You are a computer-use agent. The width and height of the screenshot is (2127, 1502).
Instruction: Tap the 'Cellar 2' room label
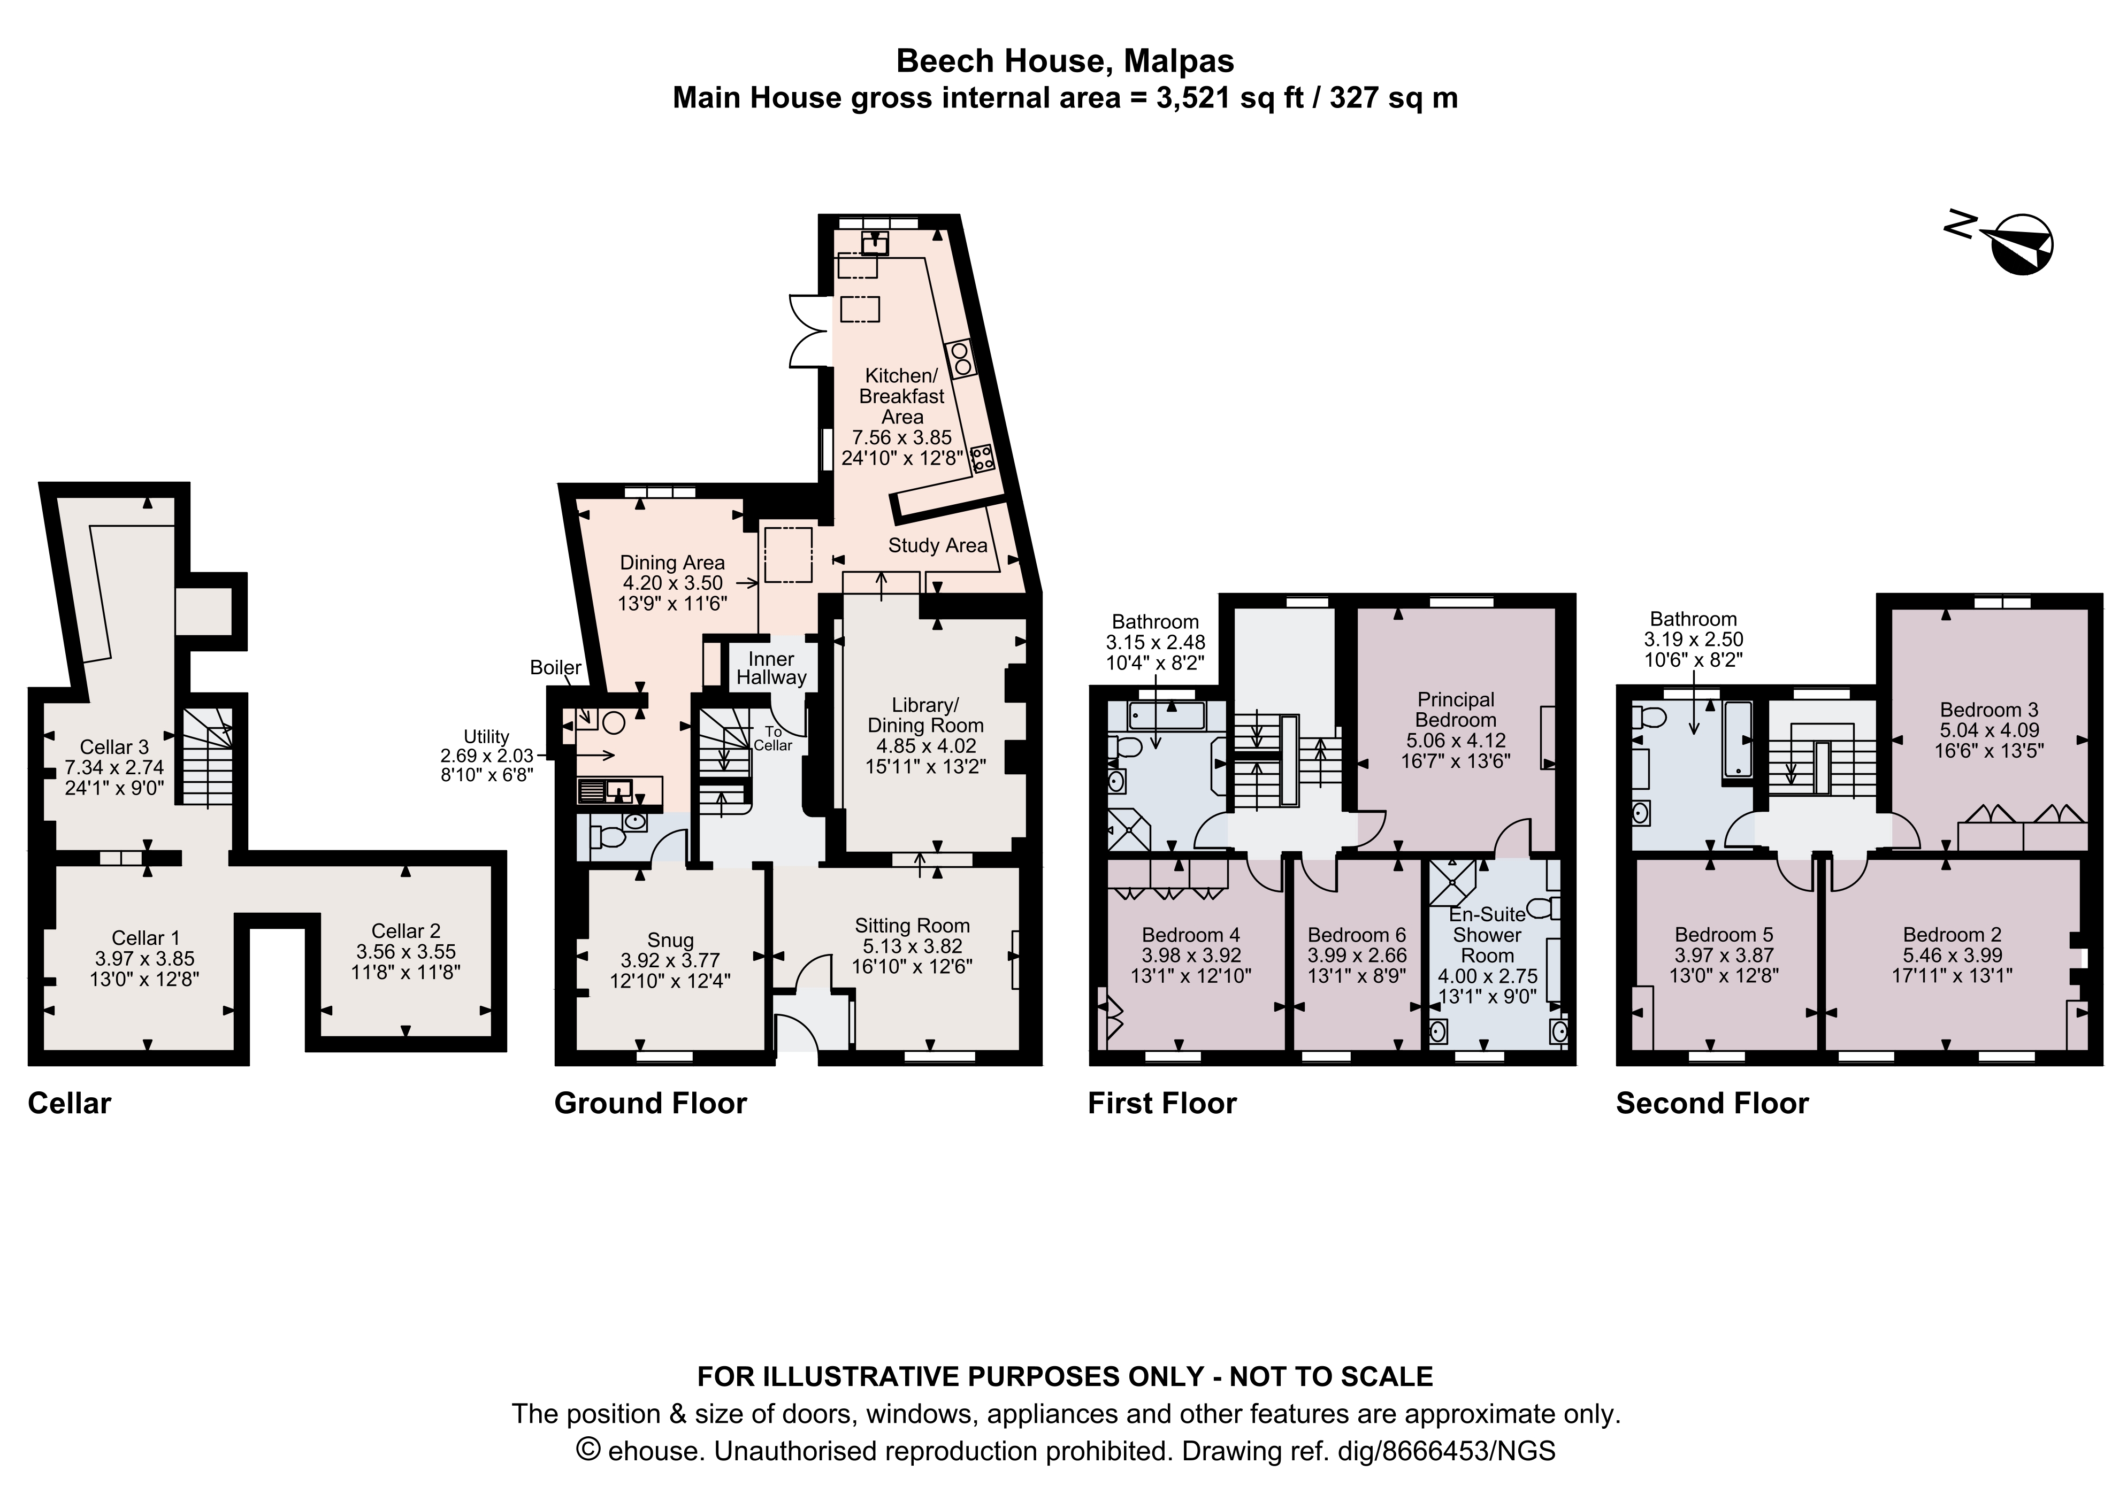pos(405,930)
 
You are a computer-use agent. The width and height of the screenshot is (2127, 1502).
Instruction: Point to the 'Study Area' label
pos(937,545)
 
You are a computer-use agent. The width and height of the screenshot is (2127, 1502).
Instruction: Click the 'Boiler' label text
pos(556,668)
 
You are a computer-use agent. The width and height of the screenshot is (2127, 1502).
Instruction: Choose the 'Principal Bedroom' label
pos(1456,710)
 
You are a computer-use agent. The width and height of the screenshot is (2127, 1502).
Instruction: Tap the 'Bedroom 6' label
pos(1356,935)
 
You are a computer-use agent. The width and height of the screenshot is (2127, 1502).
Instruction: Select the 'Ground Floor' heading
pos(651,1103)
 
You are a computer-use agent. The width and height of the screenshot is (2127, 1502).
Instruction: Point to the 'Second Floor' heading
pos(1712,1103)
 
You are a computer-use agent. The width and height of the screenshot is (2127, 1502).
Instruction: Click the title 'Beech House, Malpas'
pos(1065,61)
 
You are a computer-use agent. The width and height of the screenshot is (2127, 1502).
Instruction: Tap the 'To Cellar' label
pos(772,738)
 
